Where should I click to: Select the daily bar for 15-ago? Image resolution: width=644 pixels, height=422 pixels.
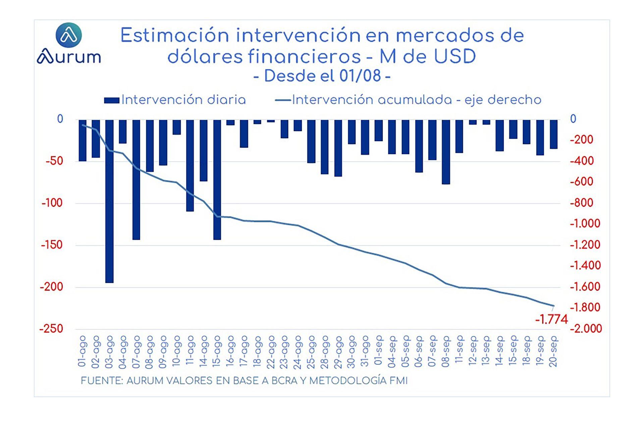[x=217, y=179]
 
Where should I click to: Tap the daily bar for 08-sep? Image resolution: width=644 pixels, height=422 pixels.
[x=446, y=152]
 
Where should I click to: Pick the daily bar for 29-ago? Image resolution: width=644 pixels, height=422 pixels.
[x=338, y=148]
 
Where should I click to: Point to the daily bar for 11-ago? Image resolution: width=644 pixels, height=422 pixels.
[x=190, y=165]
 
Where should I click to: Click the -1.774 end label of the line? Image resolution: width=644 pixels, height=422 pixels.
[x=551, y=319]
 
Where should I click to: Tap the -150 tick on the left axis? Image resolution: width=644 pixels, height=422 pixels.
[x=52, y=245]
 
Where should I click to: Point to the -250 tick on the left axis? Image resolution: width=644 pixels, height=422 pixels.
[x=51, y=329]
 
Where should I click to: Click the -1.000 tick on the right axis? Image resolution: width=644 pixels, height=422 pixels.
[x=585, y=224]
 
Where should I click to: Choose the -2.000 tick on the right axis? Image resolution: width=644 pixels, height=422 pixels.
[x=586, y=329]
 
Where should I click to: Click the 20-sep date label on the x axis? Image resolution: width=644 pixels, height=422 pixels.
[x=554, y=351]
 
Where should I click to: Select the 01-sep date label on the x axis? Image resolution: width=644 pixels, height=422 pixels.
[x=379, y=351]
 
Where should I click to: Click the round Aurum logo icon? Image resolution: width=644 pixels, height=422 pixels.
[x=69, y=35]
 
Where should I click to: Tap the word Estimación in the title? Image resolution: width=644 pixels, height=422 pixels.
[x=174, y=36]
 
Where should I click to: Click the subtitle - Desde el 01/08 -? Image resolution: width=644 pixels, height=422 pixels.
[x=322, y=76]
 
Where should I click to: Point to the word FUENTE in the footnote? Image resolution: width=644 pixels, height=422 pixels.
[x=102, y=381]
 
